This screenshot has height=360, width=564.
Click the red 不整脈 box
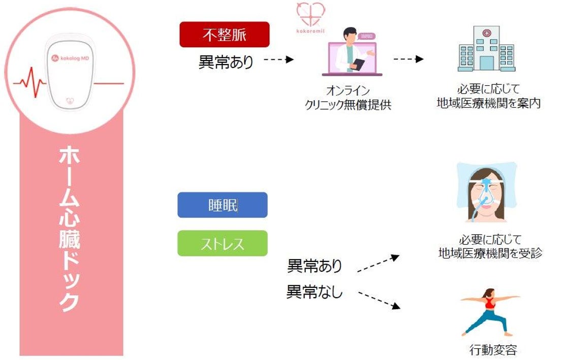click(224, 35)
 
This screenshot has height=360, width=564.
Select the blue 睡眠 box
click(222, 205)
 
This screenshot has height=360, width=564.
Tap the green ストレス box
click(222, 243)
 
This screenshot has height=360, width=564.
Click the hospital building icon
click(486, 49)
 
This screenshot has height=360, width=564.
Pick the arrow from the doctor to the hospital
click(408, 59)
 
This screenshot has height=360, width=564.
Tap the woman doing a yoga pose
click(489, 311)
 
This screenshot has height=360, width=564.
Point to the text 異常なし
click(314, 292)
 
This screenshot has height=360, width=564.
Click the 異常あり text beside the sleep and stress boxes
click(315, 266)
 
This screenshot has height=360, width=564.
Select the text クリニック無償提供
click(348, 105)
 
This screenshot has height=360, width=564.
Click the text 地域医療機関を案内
click(488, 103)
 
